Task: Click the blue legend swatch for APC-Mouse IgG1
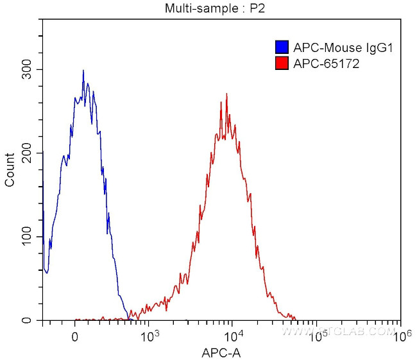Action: pos(281,47)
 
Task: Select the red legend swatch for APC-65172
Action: pos(281,64)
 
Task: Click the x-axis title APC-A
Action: pos(222,352)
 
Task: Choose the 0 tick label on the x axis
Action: pos(75,336)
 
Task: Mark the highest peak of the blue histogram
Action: pos(83,71)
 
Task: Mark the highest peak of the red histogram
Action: pos(226,94)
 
